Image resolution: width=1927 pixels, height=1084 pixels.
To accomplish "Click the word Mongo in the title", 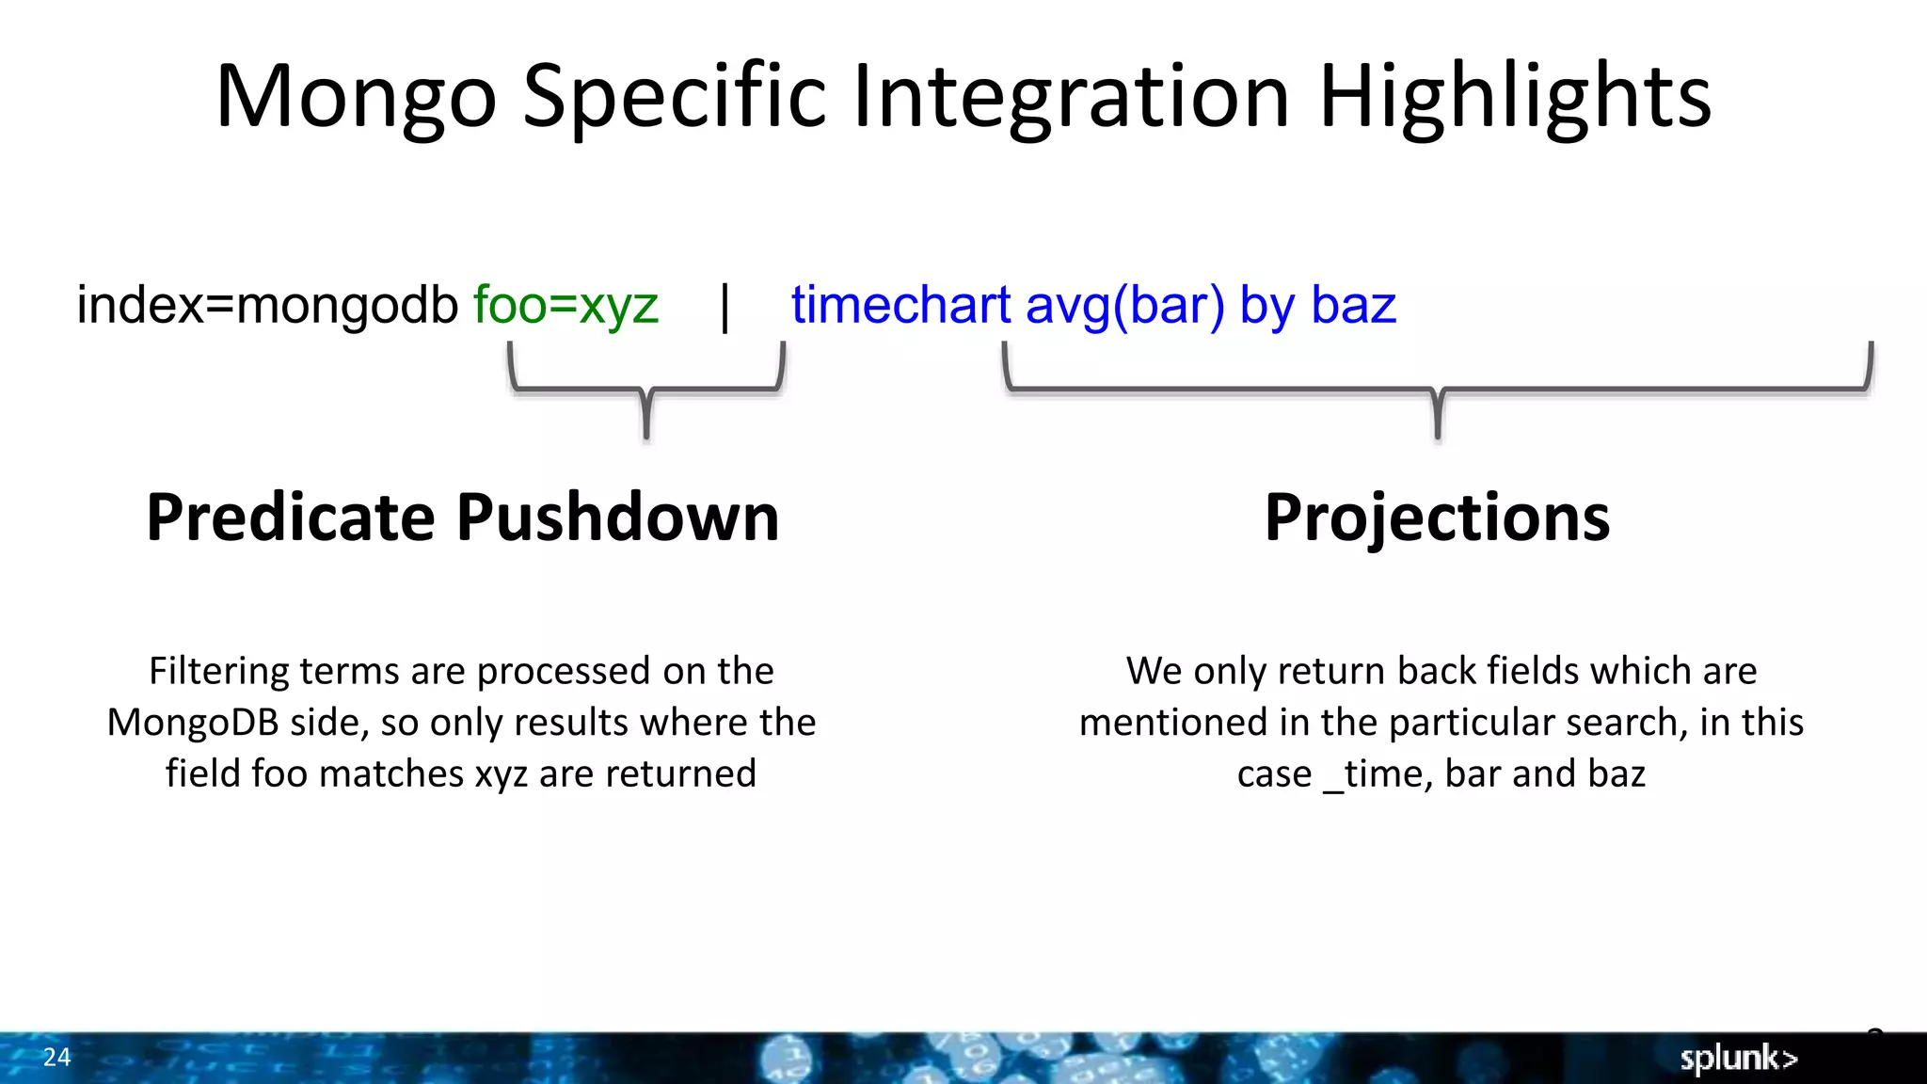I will pos(356,98).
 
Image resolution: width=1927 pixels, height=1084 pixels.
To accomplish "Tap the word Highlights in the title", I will pos(1515,98).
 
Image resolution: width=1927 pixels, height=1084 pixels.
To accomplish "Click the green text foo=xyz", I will pos(565,306).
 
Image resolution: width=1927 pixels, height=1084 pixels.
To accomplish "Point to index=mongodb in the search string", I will pos(267,306).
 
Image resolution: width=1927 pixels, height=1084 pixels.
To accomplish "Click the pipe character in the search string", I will pos(725,308).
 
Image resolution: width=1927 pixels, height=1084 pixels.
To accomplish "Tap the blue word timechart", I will pos(900,306).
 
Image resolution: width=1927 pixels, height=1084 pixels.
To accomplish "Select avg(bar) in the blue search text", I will pos(1125,306).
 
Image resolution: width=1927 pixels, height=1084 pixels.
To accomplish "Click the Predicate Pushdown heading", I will pos(463,518).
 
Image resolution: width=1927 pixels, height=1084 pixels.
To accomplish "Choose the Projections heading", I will pos(1437,518).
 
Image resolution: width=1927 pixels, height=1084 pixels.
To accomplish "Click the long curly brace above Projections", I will pos(1438,389).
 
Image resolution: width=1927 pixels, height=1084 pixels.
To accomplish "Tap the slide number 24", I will pos(56,1057).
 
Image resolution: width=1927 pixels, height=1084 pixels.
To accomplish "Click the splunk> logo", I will pos(1738,1058).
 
